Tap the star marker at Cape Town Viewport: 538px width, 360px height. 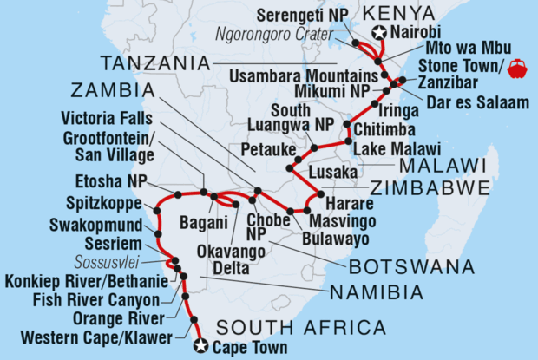201,346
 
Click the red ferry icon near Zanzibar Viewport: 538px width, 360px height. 517,66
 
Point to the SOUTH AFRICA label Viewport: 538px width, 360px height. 300,327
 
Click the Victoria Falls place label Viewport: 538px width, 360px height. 113,118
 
